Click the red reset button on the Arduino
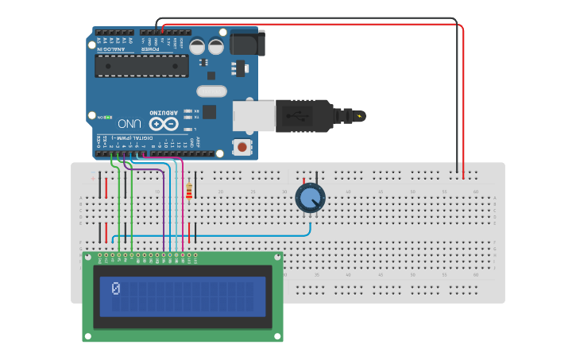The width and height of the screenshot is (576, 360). coord(242,146)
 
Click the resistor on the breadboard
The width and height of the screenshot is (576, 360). coord(188,192)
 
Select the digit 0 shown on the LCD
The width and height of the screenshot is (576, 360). coord(116,288)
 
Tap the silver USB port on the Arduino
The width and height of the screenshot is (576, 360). coord(253,116)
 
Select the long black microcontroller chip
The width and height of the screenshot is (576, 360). coord(141,66)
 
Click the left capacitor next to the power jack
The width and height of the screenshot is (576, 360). coord(197,46)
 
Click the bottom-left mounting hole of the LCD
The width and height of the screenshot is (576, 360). coord(87,337)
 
